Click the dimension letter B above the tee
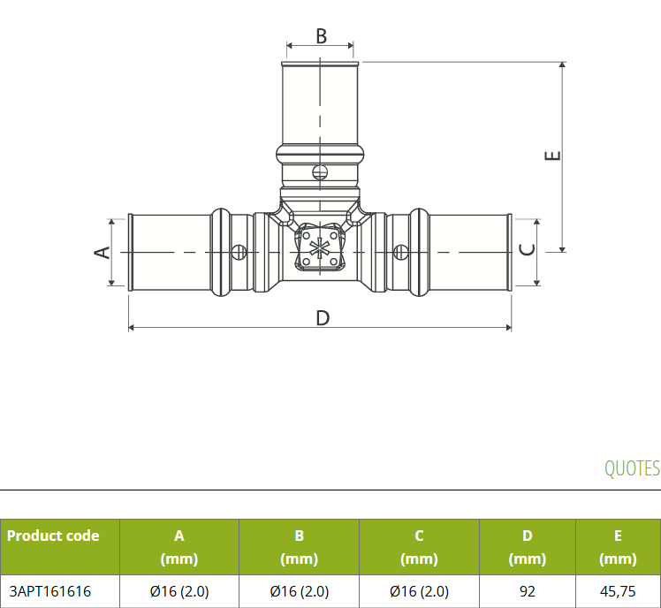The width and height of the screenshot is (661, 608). [x=322, y=36]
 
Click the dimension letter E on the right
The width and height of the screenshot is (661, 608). [x=552, y=156]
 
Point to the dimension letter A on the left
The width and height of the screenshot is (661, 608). [x=102, y=252]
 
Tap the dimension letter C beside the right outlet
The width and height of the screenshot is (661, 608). [x=527, y=249]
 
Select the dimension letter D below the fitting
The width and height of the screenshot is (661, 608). [x=323, y=318]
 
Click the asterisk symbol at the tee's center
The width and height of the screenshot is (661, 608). [x=319, y=248]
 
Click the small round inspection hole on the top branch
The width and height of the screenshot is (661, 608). [x=320, y=171]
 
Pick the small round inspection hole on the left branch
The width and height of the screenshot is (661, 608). [x=239, y=253]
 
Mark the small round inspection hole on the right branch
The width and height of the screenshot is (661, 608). [x=400, y=252]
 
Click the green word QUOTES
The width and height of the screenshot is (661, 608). [x=632, y=468]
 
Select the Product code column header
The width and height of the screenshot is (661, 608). [x=53, y=536]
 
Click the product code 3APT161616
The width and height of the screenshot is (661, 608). [x=49, y=591]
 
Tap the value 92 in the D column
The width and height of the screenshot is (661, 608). [x=527, y=591]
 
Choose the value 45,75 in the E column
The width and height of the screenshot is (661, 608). [x=618, y=591]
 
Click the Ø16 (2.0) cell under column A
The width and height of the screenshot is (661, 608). [x=179, y=591]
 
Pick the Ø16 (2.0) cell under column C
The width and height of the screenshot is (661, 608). [x=419, y=591]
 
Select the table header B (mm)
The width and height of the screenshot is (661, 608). [x=299, y=547]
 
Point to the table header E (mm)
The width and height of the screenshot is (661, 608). [x=618, y=547]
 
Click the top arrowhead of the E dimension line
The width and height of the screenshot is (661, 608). [x=562, y=65]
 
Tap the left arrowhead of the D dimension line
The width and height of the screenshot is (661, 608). [x=132, y=327]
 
